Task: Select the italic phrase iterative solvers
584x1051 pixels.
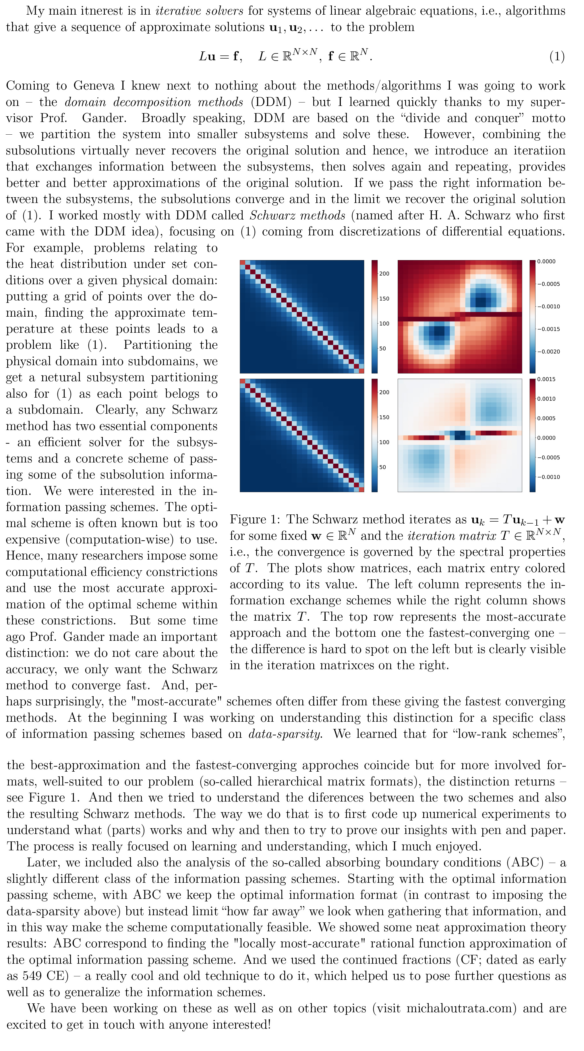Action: (x=200, y=11)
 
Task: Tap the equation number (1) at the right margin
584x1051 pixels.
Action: (x=557, y=56)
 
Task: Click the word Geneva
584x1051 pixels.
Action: (x=94, y=86)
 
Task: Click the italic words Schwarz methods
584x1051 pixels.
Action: (x=297, y=215)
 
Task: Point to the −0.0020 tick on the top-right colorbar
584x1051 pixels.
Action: (x=548, y=352)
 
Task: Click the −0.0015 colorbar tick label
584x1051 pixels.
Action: (x=548, y=329)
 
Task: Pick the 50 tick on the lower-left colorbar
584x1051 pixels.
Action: (x=382, y=467)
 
